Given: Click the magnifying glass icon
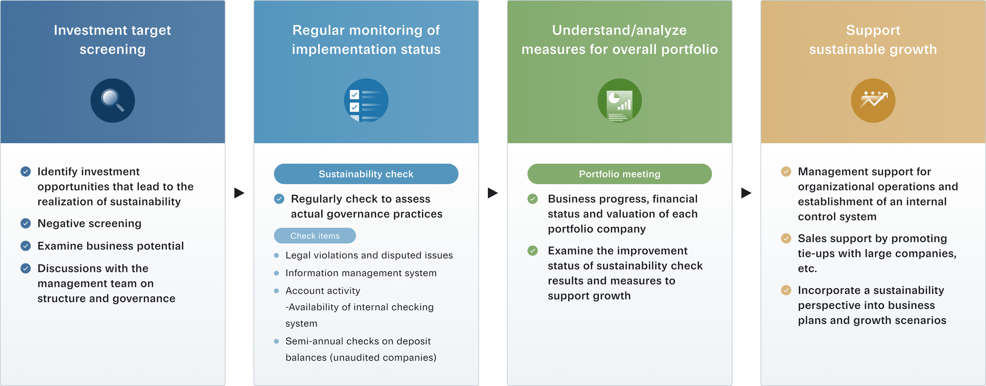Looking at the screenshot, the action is tap(112, 101).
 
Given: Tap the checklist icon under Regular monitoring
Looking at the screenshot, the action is tap(366, 101).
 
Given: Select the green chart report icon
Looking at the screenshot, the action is tap(619, 101).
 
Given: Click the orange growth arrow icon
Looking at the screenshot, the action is tap(873, 101).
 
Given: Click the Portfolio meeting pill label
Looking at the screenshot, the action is tap(619, 174).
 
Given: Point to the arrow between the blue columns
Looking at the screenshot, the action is tap(239, 193).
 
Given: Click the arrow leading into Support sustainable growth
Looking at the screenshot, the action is tap(746, 193).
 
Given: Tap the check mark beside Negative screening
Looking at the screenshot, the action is tap(26, 223).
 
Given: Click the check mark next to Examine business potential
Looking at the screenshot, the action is tap(26, 246).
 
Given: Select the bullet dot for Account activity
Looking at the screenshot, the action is tap(276, 291).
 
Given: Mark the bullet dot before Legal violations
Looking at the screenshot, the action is tap(276, 255).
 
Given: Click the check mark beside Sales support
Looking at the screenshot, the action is tap(786, 238).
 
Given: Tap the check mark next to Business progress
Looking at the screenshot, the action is tap(532, 199).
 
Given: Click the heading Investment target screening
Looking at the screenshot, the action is tap(112, 39).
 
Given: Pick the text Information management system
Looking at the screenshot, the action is tap(361, 273).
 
